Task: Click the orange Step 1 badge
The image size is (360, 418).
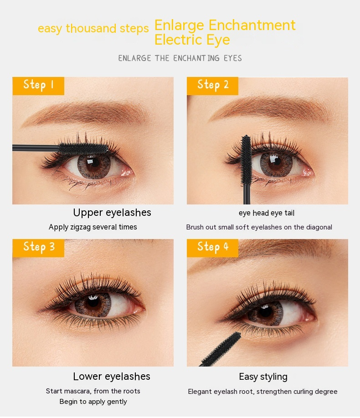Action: click(x=38, y=86)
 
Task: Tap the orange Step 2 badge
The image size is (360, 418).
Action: click(x=212, y=86)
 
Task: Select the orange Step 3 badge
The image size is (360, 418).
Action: click(x=38, y=248)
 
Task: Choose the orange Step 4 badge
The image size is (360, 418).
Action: click(x=212, y=248)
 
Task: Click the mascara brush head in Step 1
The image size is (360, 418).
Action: click(x=83, y=148)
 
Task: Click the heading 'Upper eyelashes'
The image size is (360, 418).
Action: click(x=112, y=213)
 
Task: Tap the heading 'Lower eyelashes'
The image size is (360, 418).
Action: click(x=112, y=377)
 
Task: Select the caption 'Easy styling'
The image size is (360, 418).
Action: click(x=263, y=377)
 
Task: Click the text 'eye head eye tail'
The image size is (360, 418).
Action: click(x=266, y=213)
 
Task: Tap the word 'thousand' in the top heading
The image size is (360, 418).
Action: click(x=91, y=28)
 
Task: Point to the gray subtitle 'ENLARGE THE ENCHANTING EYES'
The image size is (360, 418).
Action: click(x=180, y=58)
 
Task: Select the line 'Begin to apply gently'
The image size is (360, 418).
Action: click(x=93, y=402)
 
